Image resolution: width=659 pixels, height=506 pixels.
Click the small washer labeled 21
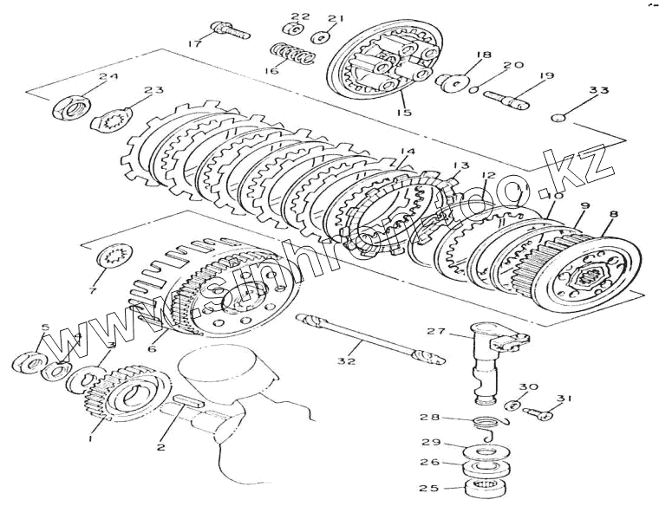click(x=322, y=37)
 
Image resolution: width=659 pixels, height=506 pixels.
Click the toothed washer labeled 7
click(x=111, y=257)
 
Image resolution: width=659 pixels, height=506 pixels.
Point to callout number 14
click(x=407, y=152)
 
